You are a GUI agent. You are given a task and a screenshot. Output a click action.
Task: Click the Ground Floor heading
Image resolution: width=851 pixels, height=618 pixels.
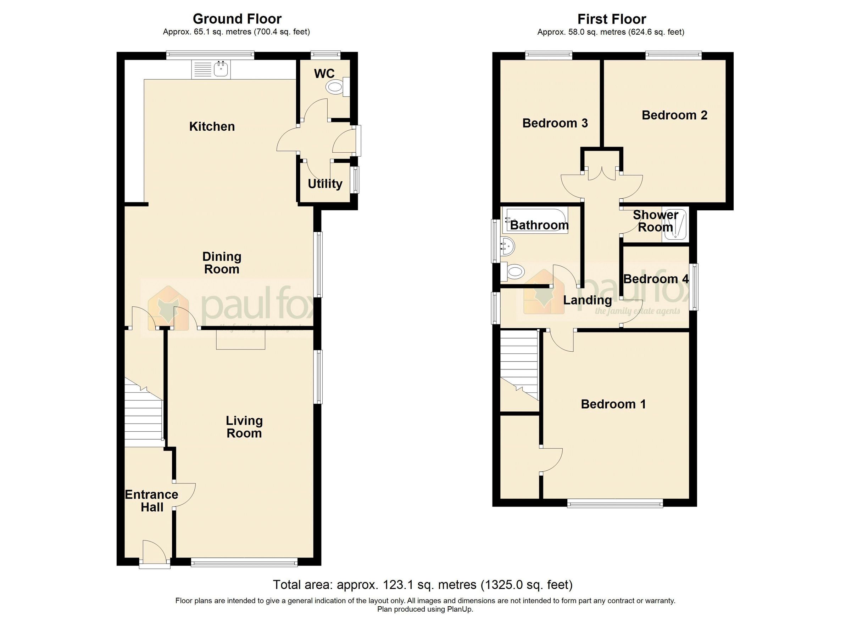[x=237, y=19]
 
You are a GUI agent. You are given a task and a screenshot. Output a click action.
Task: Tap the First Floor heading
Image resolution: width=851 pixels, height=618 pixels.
[x=612, y=19]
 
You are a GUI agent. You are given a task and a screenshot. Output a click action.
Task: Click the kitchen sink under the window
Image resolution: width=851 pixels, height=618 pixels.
[x=221, y=69]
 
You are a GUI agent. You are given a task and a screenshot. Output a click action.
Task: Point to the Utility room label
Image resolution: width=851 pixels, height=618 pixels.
[x=325, y=184]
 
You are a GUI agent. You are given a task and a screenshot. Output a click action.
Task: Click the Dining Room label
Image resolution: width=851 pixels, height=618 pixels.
[x=222, y=263]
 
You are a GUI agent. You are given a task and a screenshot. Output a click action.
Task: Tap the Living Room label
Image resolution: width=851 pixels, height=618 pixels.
[x=244, y=426]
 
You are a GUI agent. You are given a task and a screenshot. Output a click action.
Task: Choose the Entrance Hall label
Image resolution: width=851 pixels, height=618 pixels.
[x=152, y=501]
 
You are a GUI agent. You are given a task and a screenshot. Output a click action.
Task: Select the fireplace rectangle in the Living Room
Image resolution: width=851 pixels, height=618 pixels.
[x=240, y=340]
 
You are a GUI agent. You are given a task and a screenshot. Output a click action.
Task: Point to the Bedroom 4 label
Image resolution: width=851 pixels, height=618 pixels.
[x=656, y=279]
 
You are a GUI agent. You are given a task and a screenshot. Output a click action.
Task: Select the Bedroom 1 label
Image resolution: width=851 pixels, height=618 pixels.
[x=613, y=404]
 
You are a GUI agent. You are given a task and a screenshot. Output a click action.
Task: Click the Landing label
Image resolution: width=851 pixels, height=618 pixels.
[x=588, y=300]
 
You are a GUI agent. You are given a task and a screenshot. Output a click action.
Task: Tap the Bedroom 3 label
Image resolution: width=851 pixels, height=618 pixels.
[x=555, y=123]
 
